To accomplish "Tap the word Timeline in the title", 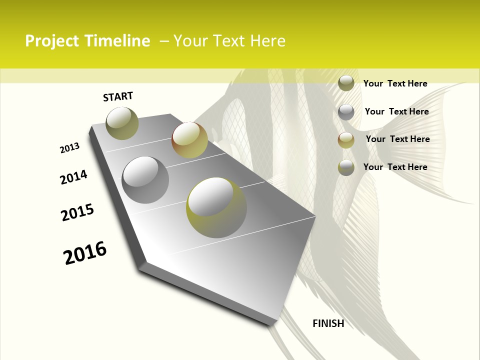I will [x=117, y=41].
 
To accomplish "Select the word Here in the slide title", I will [x=267, y=41].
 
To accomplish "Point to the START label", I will [x=118, y=96].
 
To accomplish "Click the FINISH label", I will [x=328, y=323].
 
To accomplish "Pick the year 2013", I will [x=69, y=148].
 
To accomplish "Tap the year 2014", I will [x=73, y=177].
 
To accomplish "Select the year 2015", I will [x=77, y=213].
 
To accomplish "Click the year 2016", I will [x=85, y=253].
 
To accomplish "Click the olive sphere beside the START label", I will [x=122, y=123].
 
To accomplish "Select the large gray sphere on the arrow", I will [x=145, y=180].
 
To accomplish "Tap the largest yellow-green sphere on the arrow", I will [x=216, y=208].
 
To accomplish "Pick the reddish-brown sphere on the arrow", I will [x=189, y=140].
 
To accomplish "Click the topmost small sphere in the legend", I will [x=346, y=83].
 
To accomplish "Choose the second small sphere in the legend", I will [x=346, y=112].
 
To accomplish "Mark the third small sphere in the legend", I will [x=346, y=140].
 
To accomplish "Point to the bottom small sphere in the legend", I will [x=346, y=167].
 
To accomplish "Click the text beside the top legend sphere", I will [x=395, y=83].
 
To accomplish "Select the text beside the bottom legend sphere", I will [x=395, y=167].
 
